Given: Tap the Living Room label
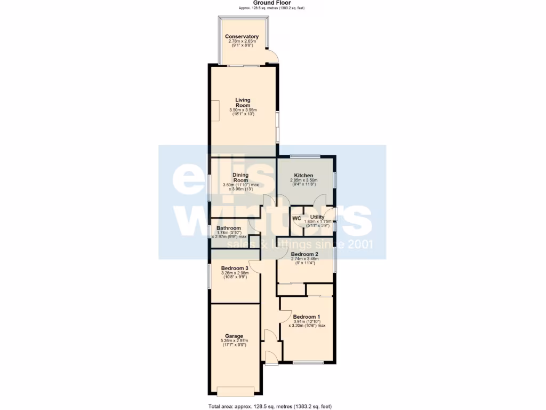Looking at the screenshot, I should (x=243, y=102).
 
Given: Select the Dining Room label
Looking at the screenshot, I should (x=240, y=177).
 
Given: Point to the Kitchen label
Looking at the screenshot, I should (x=303, y=176).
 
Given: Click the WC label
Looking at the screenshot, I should (x=296, y=218).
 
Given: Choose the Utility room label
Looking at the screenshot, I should (x=317, y=217).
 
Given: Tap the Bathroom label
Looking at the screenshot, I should (x=229, y=228).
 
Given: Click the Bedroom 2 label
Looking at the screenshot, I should (x=304, y=254).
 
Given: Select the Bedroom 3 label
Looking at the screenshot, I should (x=235, y=268).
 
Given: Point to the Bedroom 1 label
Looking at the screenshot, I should (x=307, y=316).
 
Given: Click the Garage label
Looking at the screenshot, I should (x=234, y=336).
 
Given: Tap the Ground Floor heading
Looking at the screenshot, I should (x=272, y=3).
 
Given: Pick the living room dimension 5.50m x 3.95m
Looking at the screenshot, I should (x=243, y=111).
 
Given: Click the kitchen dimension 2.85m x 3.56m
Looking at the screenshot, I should (x=303, y=180).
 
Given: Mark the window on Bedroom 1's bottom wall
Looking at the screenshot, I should (x=308, y=363).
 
